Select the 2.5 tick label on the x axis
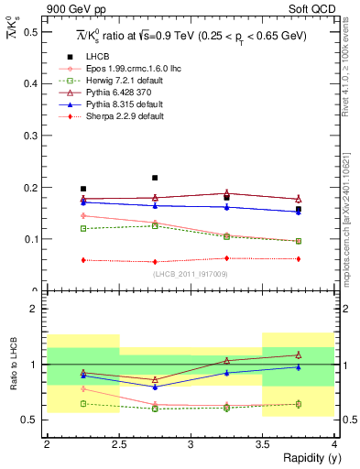(118, 444)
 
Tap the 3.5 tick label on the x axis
(262, 444)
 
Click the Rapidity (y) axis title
(306, 458)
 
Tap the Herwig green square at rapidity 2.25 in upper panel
(82, 228)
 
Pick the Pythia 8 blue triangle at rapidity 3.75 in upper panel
(299, 212)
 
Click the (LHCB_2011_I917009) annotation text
(191, 274)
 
